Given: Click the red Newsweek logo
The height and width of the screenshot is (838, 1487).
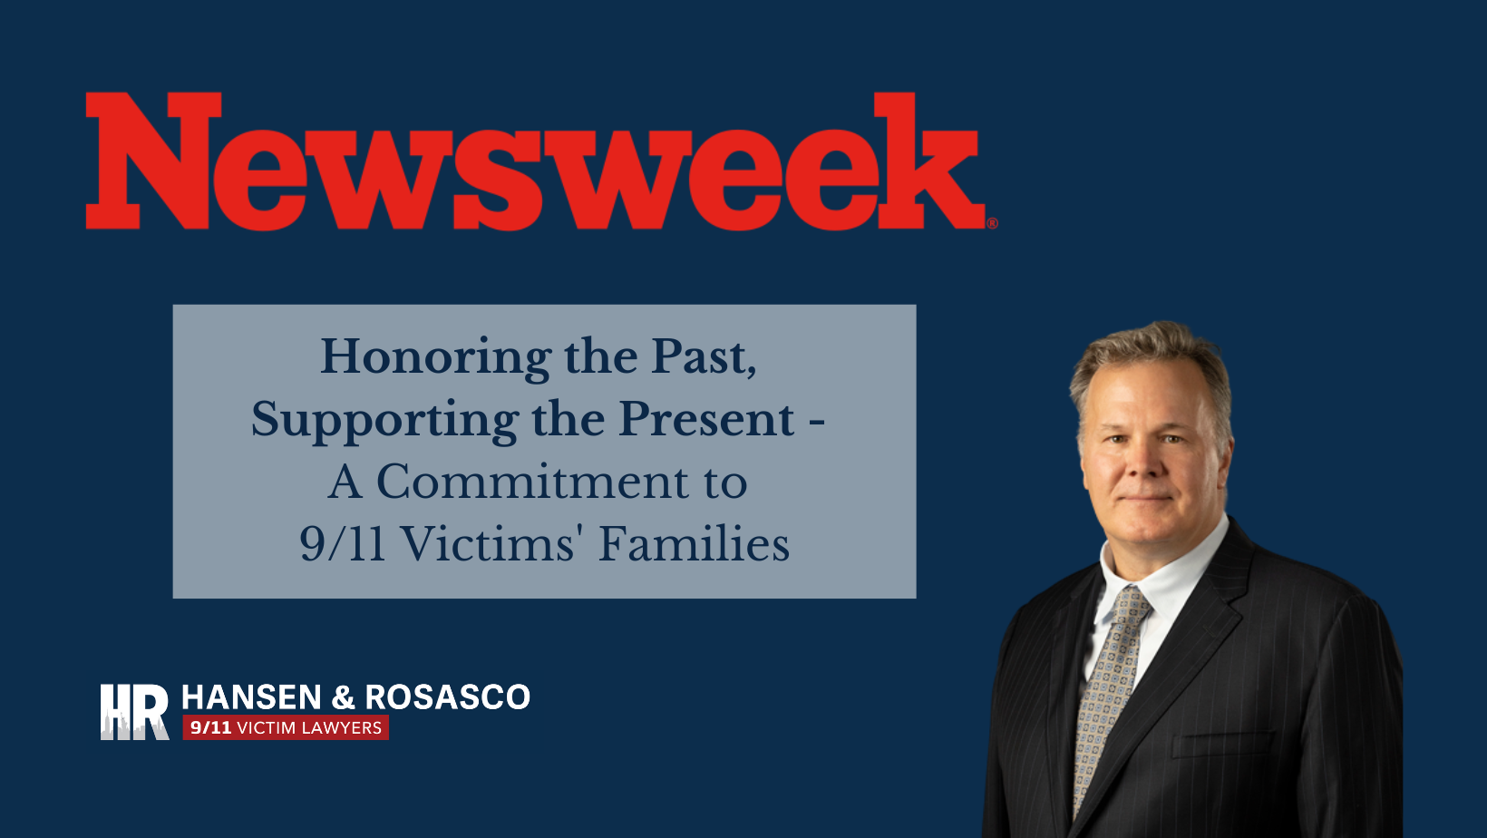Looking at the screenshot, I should (x=535, y=161).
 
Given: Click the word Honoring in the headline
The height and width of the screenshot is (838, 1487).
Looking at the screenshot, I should (x=435, y=357).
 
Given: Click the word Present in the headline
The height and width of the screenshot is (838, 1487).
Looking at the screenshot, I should (x=706, y=420).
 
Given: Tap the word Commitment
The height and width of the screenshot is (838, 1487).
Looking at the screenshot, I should (x=532, y=482).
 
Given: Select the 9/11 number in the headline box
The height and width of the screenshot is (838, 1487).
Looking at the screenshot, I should (x=342, y=544).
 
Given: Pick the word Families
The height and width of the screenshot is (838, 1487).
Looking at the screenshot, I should (x=694, y=544).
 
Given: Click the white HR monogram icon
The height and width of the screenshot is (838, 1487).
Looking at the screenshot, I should (x=134, y=712).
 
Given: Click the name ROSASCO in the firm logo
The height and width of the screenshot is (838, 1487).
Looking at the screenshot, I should (x=447, y=697).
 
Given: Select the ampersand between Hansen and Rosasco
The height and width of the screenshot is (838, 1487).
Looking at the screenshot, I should (x=343, y=697).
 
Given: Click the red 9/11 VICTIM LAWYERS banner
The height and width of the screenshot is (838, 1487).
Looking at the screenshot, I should (x=286, y=727).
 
